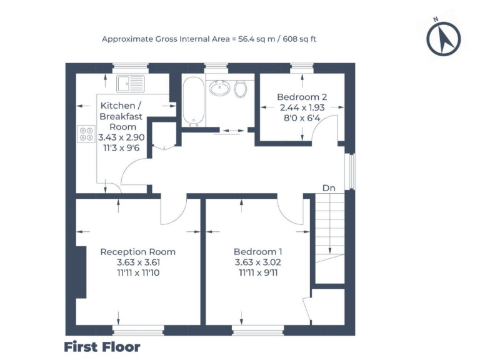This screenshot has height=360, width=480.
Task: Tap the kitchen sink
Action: (x=133, y=81)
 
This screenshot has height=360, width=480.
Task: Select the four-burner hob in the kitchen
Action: (x=86, y=134)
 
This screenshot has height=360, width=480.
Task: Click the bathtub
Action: (x=192, y=101)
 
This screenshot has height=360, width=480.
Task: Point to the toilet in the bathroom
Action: (x=240, y=89)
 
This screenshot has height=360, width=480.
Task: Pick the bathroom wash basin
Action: (x=219, y=89)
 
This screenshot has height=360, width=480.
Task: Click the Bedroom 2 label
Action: (x=302, y=97)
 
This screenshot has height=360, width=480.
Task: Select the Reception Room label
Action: (x=138, y=252)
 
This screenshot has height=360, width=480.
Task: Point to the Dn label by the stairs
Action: (x=329, y=187)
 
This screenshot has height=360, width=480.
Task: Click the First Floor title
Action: (x=102, y=346)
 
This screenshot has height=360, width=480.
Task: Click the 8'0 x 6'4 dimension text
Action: (x=302, y=117)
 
